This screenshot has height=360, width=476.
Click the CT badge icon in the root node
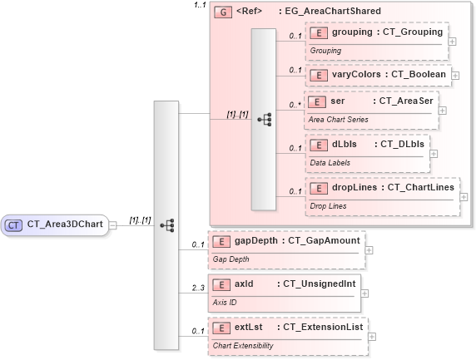14,224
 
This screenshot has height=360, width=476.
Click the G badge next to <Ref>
222,12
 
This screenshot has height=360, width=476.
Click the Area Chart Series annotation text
342,120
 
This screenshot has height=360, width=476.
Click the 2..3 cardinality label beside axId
197,288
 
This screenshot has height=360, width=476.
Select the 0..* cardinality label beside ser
295,105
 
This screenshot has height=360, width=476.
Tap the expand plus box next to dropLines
464,197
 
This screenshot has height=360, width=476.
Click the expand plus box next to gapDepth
369,249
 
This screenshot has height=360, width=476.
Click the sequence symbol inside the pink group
265,120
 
